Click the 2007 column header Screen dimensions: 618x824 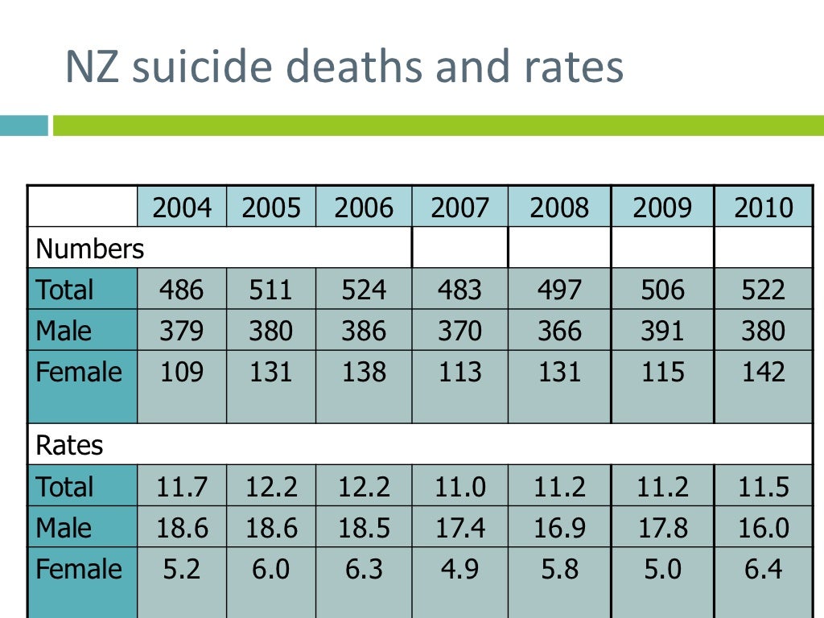pos(459,208)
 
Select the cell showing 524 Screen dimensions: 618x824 pos(364,290)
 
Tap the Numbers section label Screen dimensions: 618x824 pos(90,249)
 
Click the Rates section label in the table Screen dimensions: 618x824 pos(70,446)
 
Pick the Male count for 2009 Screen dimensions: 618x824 pos(662,331)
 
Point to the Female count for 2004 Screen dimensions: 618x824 pos(182,373)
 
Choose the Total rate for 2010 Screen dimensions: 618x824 pos(763,488)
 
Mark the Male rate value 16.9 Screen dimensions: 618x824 pos(559,529)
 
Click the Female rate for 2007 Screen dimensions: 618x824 pos(459,570)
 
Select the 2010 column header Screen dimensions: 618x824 pos(763,208)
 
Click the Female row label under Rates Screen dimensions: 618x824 pos(79,570)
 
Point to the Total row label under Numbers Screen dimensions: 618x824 pos(65,290)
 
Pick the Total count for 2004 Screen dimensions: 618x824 pos(182,290)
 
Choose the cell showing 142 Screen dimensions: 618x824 pos(763,373)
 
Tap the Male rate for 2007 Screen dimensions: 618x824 pos(459,529)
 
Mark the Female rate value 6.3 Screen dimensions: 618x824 pos(364,570)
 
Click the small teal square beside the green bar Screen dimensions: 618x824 pos(24,126)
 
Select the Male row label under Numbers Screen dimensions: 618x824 pos(64,331)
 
